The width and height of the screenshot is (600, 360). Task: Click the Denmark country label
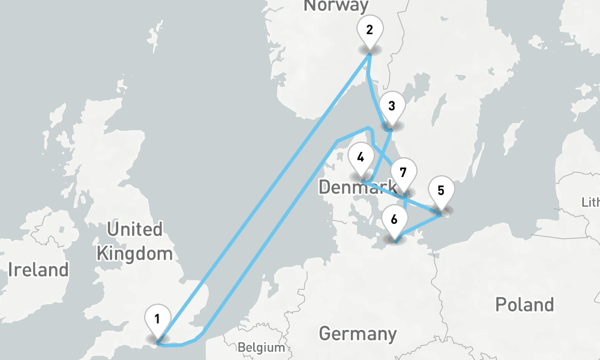point(358,187)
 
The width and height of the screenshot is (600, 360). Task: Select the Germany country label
point(358,334)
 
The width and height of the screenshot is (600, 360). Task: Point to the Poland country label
point(524,305)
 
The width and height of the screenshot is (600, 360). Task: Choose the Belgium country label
point(260,347)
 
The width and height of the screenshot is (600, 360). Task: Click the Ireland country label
point(38,269)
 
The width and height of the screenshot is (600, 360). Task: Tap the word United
point(134,229)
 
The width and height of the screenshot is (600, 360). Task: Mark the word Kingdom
point(134,253)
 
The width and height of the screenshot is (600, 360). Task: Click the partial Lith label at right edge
point(590,202)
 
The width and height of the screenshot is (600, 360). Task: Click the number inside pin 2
point(369,29)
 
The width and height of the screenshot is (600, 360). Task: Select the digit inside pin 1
point(157,319)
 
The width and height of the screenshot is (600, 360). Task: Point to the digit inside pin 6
point(394,219)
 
